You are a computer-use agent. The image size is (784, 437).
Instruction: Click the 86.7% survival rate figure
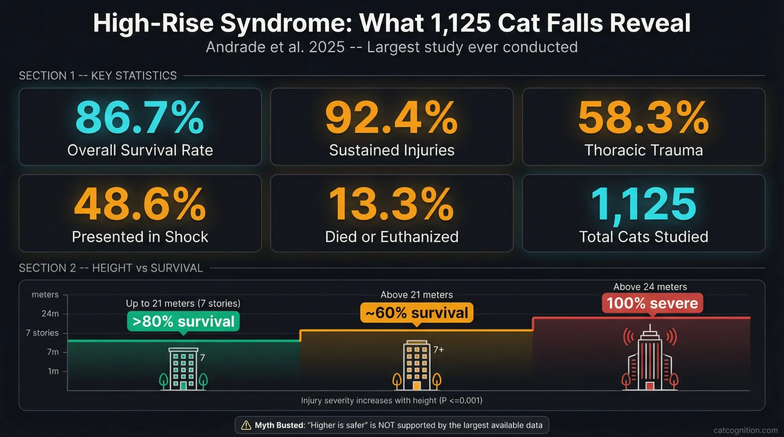pyautogui.click(x=140, y=117)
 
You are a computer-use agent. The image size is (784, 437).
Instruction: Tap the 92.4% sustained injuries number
pyautogui.click(x=391, y=117)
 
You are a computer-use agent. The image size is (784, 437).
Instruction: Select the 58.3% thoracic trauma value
pyautogui.click(x=643, y=117)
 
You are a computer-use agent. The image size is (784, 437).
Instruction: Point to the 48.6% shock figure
pyautogui.click(x=140, y=204)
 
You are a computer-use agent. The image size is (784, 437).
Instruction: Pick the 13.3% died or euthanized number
pyautogui.click(x=391, y=204)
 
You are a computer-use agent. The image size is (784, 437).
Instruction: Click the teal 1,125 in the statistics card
pyautogui.click(x=643, y=204)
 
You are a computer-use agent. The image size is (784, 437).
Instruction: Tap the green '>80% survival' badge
pyautogui.click(x=183, y=321)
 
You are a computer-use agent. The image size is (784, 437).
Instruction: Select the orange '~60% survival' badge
pyautogui.click(x=417, y=312)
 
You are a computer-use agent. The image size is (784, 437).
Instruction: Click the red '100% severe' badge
pyautogui.click(x=652, y=303)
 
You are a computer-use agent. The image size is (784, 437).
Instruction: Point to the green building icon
pyautogui.click(x=183, y=368)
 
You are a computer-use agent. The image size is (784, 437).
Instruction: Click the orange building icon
pyautogui.click(x=417, y=365)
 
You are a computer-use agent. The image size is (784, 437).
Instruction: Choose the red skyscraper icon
pyautogui.click(x=650, y=358)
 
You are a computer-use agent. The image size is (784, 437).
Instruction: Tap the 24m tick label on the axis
pyautogui.click(x=50, y=314)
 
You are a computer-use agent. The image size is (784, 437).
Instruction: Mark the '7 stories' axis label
pyautogui.click(x=42, y=333)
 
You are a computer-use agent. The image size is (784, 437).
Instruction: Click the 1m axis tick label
pyautogui.click(x=53, y=371)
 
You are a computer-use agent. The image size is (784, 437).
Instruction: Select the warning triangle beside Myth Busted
pyautogui.click(x=246, y=425)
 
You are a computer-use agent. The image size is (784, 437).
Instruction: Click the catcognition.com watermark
pyautogui.click(x=745, y=430)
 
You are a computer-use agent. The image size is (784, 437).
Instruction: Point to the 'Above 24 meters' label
pyautogui.click(x=650, y=287)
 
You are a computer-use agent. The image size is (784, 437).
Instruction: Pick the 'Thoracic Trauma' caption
pyautogui.click(x=643, y=150)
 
